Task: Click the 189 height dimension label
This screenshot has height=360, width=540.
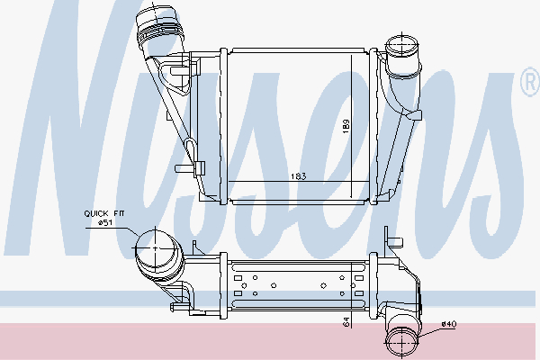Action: click(x=346, y=126)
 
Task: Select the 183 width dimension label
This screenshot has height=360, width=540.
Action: click(x=298, y=176)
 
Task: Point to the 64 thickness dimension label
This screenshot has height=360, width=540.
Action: click(x=346, y=322)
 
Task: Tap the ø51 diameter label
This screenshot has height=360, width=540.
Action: click(x=104, y=223)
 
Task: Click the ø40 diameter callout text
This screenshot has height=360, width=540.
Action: click(x=449, y=324)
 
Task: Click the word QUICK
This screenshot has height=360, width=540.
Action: click(x=96, y=213)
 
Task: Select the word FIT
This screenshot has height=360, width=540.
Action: click(x=117, y=213)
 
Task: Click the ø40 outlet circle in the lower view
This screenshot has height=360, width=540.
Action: click(x=402, y=342)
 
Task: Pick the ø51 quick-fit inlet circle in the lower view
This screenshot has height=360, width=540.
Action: click(x=155, y=247)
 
